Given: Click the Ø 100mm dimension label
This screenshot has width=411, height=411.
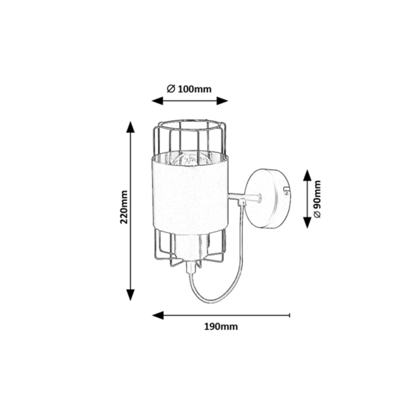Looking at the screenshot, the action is [x=189, y=89].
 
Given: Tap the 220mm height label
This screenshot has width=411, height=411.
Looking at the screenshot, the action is [x=124, y=207].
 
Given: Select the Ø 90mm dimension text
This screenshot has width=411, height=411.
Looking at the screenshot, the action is [x=317, y=199].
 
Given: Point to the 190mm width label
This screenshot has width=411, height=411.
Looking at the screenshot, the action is [x=221, y=327].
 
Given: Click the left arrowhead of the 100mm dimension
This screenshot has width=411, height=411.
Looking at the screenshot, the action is [x=157, y=101].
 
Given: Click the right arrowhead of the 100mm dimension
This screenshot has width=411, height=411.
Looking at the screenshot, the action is [x=222, y=101].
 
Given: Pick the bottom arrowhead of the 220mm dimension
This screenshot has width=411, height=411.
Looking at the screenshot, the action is [x=130, y=295].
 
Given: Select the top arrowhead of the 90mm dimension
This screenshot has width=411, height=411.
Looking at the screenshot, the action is [x=307, y=175].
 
